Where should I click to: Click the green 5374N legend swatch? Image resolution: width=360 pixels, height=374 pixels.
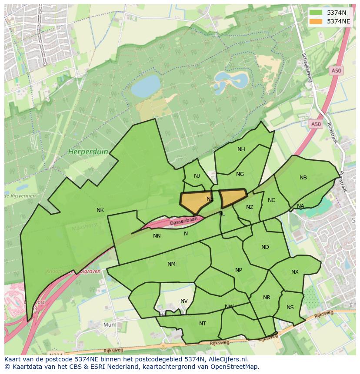click(316, 13)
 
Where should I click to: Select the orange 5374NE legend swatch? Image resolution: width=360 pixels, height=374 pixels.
click(316, 21)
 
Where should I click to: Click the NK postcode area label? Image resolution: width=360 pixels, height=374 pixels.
click(100, 210)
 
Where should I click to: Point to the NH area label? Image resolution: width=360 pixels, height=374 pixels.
click(241, 149)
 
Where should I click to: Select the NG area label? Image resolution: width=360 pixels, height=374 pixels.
click(240, 174)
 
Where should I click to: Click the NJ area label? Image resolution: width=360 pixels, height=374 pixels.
click(197, 176)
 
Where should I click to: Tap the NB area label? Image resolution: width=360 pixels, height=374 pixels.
click(303, 178)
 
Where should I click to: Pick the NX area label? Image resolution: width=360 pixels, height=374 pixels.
click(295, 272)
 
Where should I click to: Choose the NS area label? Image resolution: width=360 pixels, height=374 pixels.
click(290, 308)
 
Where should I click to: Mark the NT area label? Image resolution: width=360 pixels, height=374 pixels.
click(202, 324)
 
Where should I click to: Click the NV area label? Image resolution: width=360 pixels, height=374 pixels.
click(184, 301)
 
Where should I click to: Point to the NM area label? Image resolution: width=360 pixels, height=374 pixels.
click(171, 264)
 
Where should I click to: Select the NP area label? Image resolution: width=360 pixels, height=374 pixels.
click(238, 270)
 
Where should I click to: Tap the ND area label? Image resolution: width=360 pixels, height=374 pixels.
click(265, 247)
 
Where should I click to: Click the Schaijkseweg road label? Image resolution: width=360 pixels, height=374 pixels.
click(307, 68)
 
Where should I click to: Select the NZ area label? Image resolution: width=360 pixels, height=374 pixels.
click(249, 207)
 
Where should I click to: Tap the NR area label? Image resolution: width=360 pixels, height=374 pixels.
click(267, 298)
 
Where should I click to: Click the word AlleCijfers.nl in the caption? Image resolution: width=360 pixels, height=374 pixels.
click(227, 359)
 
